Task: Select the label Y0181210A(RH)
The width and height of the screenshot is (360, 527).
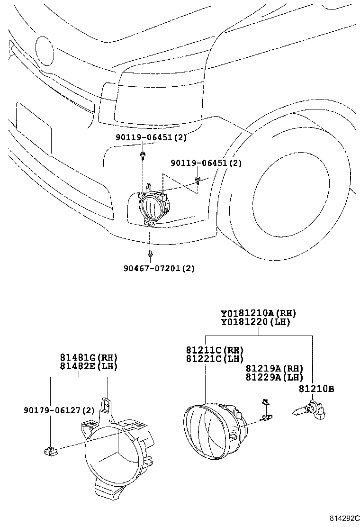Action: (258, 314)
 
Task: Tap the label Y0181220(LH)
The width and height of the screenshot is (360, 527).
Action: (255, 322)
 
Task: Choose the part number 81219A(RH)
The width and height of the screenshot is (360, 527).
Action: (274, 368)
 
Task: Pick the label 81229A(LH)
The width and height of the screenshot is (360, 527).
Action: (274, 377)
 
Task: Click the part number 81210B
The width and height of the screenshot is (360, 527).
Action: (316, 389)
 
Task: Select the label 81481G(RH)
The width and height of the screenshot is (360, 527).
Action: (88, 357)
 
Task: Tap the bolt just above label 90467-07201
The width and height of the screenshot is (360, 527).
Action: (149, 254)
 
